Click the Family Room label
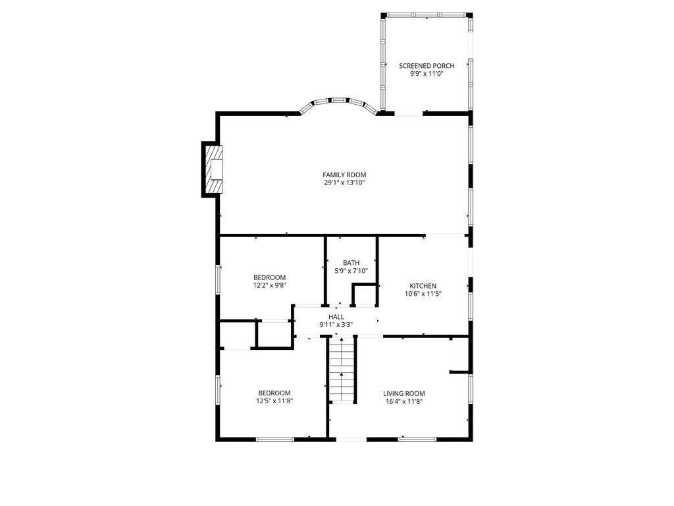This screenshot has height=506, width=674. point(344,175)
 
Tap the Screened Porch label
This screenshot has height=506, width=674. point(427,66)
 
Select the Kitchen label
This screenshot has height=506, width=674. point(423,286)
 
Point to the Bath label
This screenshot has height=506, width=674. point(351,263)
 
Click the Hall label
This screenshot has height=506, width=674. point(336,317)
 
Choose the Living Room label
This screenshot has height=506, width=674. point(404,394)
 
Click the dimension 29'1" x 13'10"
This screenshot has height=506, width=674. point(344,183)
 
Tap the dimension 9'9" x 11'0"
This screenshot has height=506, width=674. point(427,74)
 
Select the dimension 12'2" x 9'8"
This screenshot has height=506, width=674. point(269,285)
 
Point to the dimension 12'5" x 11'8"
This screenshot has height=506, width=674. point(274,401)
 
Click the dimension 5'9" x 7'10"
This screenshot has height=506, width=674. point(351,271)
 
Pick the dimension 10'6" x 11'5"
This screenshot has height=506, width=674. point(423,295)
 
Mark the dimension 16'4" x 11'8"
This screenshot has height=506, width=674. point(404,402)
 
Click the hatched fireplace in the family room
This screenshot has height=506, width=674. point(214,169)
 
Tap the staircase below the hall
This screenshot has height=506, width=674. point(342,370)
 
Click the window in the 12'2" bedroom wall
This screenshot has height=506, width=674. point(218,279)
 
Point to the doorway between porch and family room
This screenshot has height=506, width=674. point(409,114)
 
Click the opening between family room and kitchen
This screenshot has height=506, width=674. point(446,235)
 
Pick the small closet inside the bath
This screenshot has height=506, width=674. point(365,295)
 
